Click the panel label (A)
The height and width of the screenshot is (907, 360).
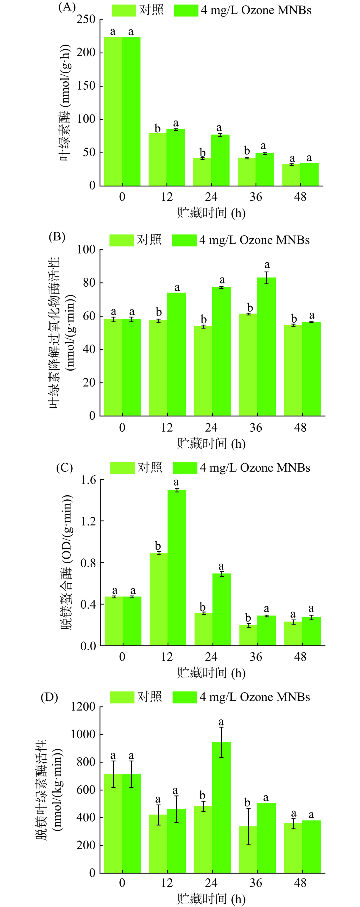click(67, 7)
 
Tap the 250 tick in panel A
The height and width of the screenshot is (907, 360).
click(86, 19)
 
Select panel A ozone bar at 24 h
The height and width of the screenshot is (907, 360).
click(220, 160)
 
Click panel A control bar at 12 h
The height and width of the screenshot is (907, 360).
click(157, 160)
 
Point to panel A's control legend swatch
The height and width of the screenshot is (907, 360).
click(124, 11)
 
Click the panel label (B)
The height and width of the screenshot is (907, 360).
click(57, 237)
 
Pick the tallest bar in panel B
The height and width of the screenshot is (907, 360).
click(266, 347)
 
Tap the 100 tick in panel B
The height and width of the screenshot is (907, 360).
click(86, 250)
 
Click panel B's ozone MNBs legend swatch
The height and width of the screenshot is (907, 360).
click(184, 240)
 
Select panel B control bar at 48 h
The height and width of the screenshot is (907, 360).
click(293, 370)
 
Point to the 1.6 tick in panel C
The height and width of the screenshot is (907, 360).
click(88, 480)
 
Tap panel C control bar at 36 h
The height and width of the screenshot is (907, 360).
click(248, 635)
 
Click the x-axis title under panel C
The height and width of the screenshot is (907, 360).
click(211, 673)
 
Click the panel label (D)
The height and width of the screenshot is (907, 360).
click(49, 697)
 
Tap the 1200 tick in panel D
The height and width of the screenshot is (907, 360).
click(83, 707)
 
